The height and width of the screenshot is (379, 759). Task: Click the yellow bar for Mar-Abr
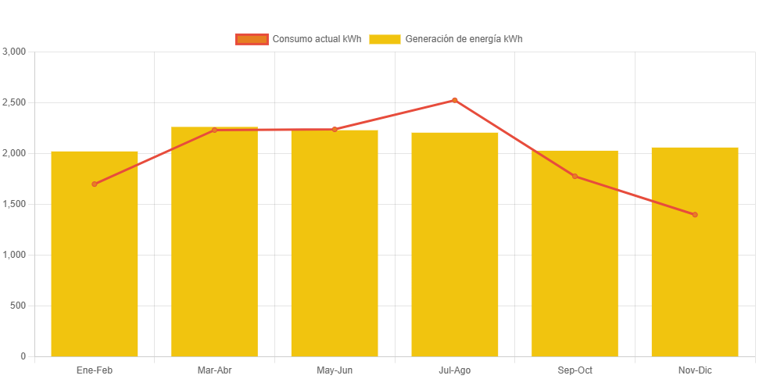[214, 250]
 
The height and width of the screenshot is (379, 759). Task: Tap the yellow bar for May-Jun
[335, 250]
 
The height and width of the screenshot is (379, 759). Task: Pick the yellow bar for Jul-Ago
[454, 250]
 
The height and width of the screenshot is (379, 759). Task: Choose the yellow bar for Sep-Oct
[575, 258]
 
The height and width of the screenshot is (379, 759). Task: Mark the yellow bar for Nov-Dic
[695, 258]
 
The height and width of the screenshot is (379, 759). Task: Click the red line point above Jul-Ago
[454, 100]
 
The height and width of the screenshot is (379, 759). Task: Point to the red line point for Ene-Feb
[95, 184]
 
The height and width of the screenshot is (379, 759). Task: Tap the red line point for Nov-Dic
[695, 215]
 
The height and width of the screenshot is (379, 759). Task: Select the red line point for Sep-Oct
[575, 177]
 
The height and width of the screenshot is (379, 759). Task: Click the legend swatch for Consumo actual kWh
[251, 39]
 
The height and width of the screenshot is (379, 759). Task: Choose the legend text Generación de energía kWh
[464, 39]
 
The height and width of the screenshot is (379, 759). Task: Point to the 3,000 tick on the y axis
[14, 52]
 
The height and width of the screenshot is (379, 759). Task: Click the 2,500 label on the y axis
[14, 102]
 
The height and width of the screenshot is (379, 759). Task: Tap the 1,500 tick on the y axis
[14, 204]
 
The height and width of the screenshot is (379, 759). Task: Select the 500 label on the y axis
[17, 306]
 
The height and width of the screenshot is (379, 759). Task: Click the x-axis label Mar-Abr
[214, 370]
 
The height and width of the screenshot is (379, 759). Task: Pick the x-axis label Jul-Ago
[454, 370]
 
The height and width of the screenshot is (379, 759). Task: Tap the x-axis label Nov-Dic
[695, 370]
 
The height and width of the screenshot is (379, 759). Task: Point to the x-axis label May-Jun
[335, 370]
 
